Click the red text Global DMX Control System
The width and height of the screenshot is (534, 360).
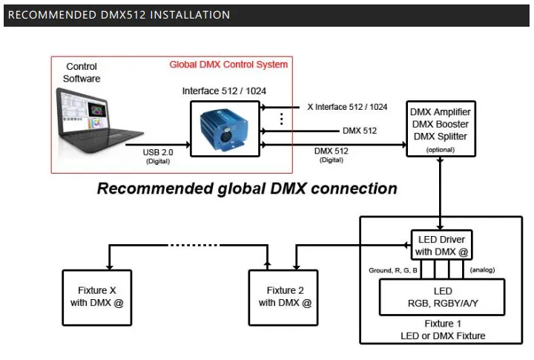[228, 65]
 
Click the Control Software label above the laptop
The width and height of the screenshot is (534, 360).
[82, 72]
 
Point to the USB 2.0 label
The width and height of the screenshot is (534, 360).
[158, 152]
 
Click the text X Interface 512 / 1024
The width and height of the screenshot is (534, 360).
[347, 107]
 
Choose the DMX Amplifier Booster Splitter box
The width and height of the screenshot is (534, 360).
[441, 129]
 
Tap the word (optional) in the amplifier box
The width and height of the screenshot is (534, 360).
[441, 150]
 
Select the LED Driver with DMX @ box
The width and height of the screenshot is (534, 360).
[441, 245]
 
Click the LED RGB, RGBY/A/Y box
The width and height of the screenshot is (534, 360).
[442, 297]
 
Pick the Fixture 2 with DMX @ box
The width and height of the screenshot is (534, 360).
[283, 298]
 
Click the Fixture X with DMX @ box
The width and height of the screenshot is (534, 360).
[97, 298]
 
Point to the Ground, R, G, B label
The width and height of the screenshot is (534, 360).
[393, 270]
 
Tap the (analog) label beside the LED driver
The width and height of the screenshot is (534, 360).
[482, 269]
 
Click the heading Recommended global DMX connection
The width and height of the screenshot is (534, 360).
[247, 189]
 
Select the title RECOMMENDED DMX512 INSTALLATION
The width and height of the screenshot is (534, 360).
[119, 15]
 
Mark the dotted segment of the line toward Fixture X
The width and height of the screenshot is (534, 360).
[194, 245]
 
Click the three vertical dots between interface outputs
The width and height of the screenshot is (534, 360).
[281, 119]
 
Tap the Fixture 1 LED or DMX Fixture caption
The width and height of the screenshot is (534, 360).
[443, 330]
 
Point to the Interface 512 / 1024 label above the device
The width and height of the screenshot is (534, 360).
[224, 91]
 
